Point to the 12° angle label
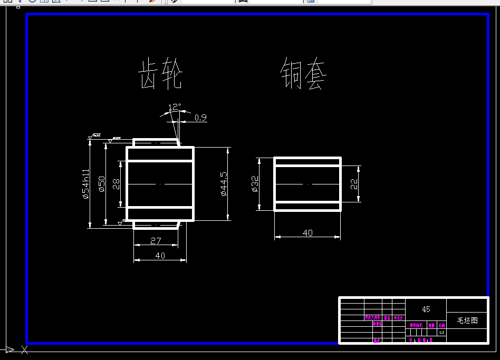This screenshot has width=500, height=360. (x=175, y=108)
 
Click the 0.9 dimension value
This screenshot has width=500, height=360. (x=200, y=118)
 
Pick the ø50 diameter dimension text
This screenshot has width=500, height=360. (x=102, y=184)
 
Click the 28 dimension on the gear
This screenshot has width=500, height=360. (x=117, y=183)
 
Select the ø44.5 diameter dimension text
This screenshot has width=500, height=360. (x=224, y=184)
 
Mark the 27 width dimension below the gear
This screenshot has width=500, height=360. (x=156, y=241)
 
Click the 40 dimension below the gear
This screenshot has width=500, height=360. (x=160, y=256)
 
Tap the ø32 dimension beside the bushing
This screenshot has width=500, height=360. (x=255, y=184)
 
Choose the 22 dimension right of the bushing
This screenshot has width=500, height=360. (x=354, y=184)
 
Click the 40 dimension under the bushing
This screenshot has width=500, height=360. (x=307, y=232)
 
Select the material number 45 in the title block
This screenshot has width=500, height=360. (x=426, y=309)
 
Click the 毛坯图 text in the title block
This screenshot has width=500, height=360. (x=467, y=320)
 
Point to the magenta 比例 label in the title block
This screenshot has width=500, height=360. (x=442, y=326)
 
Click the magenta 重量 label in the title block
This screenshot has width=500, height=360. (x=431, y=326)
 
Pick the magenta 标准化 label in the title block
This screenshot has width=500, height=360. (x=377, y=324)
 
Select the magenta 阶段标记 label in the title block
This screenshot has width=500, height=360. (x=416, y=326)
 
